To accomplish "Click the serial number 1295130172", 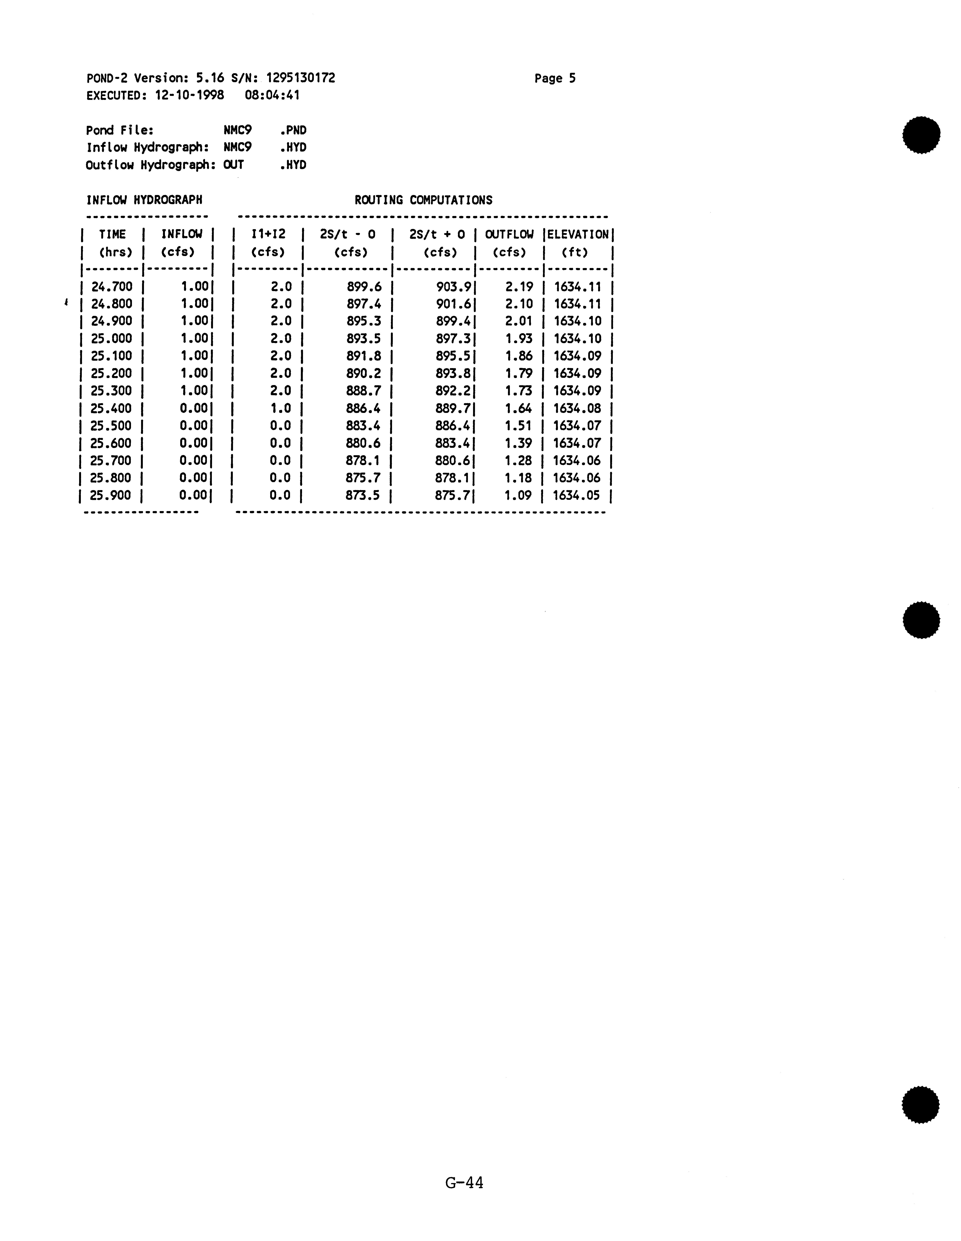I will click(301, 78).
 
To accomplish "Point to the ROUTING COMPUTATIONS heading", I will click(423, 200).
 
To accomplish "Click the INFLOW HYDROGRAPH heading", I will click(144, 200).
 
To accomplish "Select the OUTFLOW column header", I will click(509, 234).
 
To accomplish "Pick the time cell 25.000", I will click(111, 339).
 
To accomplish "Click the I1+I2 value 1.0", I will click(281, 409).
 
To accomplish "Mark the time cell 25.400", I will click(111, 409).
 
